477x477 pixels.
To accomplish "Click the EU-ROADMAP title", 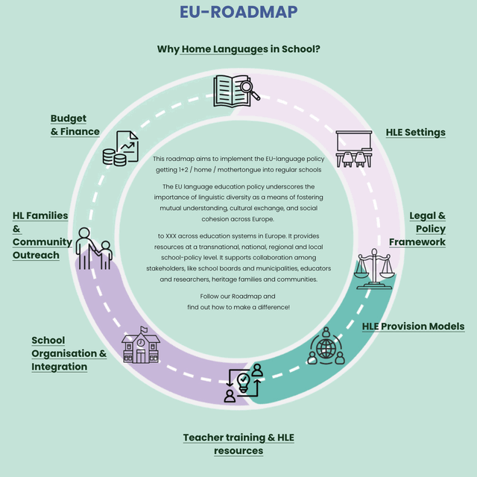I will [x=238, y=12].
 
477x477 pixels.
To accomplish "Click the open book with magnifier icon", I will [x=236, y=91].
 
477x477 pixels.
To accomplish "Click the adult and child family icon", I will [x=94, y=249].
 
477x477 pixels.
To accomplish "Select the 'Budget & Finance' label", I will [x=75, y=125].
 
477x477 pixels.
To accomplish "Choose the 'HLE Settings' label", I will [x=415, y=133].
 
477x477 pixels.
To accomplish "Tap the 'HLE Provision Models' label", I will [x=413, y=326].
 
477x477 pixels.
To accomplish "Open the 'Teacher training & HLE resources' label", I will [x=238, y=444].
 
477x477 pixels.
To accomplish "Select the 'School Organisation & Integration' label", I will [x=69, y=354].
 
